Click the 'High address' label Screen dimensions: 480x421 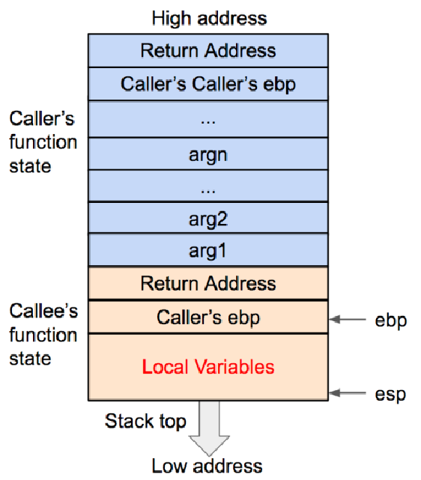click(209, 16)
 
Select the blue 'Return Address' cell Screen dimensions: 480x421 click(208, 51)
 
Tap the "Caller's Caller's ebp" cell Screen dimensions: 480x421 click(208, 84)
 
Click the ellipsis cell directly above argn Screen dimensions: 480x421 click(208, 119)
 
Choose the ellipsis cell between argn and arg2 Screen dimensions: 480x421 click(208, 187)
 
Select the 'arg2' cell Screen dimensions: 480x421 click(208, 219)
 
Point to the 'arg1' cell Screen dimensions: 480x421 click(208, 250)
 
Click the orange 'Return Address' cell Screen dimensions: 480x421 click(208, 284)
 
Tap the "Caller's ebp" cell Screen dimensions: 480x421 click(208, 318)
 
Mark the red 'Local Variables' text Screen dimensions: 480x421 click(208, 367)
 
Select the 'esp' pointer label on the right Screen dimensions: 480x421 click(390, 394)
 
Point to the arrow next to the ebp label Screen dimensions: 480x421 click(350, 319)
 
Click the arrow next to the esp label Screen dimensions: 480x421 click(350, 392)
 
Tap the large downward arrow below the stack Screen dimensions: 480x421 click(208, 426)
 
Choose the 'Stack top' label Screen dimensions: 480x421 click(145, 421)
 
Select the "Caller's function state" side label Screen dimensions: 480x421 click(43, 142)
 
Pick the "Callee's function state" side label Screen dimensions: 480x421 click(43, 335)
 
